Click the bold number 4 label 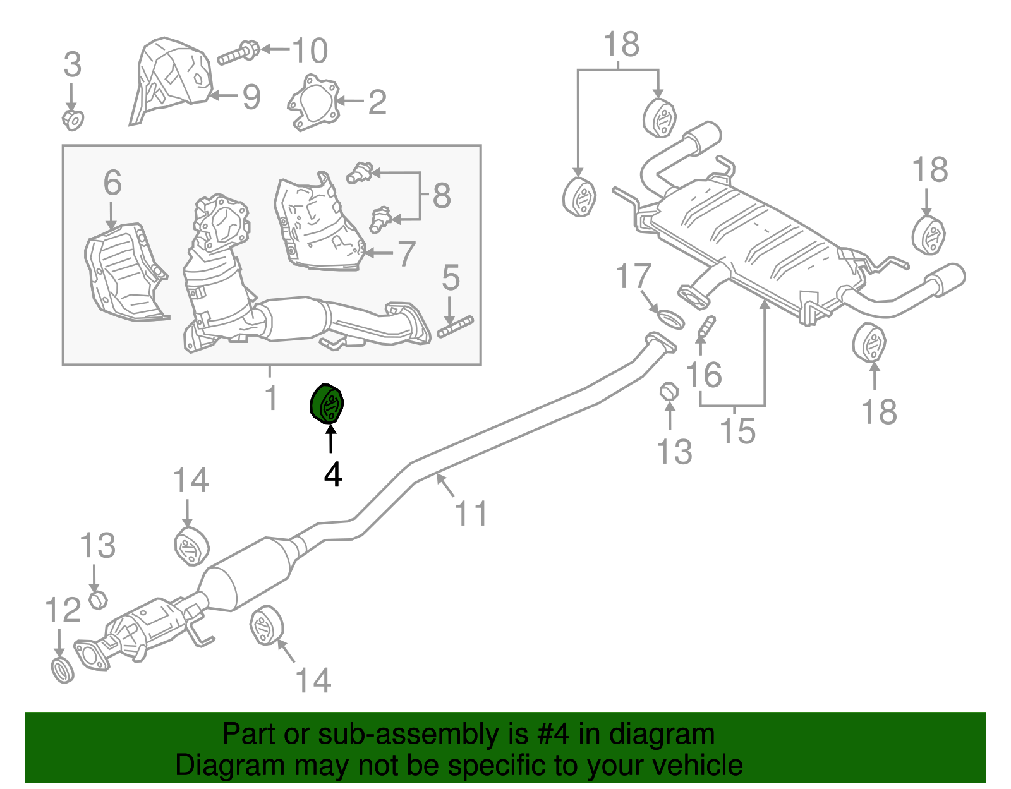333,474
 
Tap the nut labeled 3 73,119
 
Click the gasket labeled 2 313,102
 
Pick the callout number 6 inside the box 112,183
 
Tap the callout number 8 442,196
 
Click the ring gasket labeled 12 62,670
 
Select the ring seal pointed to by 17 669,318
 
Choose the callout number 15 737,431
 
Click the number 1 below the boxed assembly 270,398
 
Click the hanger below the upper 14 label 191,546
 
